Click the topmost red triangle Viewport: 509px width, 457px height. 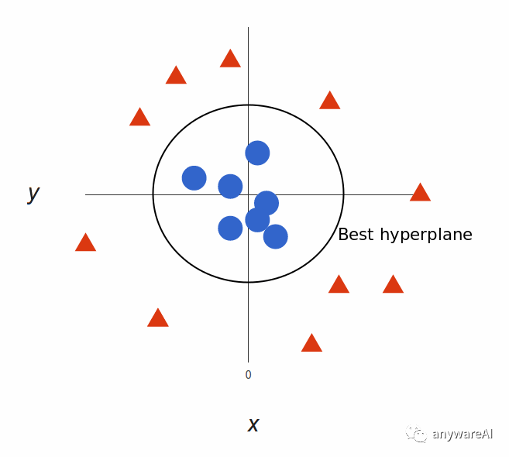[x=230, y=59]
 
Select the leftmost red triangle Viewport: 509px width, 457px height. [x=85, y=243]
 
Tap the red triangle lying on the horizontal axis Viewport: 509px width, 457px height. [x=420, y=193]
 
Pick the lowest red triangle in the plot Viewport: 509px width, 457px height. [x=311, y=343]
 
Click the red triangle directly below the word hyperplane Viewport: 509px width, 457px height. [x=393, y=285]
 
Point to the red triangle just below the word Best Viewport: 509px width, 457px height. [x=339, y=285]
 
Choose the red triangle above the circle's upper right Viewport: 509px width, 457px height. [x=330, y=101]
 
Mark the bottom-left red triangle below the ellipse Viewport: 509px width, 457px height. [x=158, y=318]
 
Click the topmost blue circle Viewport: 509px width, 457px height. [x=257, y=153]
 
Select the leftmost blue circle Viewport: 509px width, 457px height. [x=194, y=178]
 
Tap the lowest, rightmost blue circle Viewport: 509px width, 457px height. [x=275, y=236]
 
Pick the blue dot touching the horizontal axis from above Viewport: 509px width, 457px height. [x=230, y=186]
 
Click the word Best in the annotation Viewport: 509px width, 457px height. [x=356, y=235]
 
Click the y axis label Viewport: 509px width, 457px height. [x=33, y=193]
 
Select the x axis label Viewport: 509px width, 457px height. [x=253, y=424]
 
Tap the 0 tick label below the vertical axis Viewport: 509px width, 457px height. [x=248, y=375]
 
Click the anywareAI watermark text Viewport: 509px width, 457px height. [x=462, y=435]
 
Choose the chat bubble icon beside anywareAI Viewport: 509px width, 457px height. [x=418, y=435]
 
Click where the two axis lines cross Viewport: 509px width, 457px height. [x=248, y=194]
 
